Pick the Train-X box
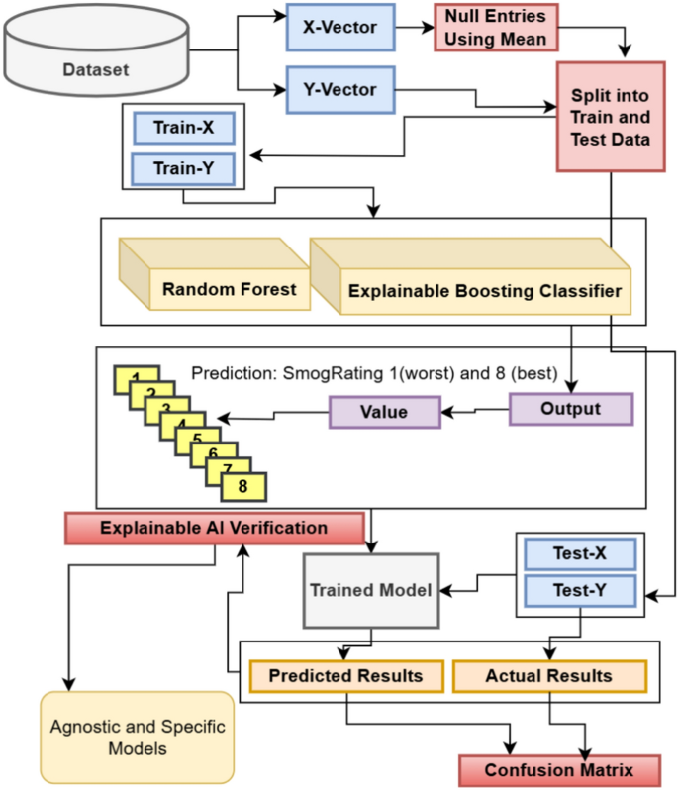click(x=184, y=128)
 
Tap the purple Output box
click(x=569, y=409)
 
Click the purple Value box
click(x=384, y=412)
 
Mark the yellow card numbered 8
click(x=243, y=487)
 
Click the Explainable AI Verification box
click(x=213, y=528)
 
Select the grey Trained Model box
click(x=370, y=590)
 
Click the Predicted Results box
click(x=345, y=676)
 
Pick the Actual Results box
click(x=548, y=676)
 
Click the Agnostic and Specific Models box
click(x=138, y=737)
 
